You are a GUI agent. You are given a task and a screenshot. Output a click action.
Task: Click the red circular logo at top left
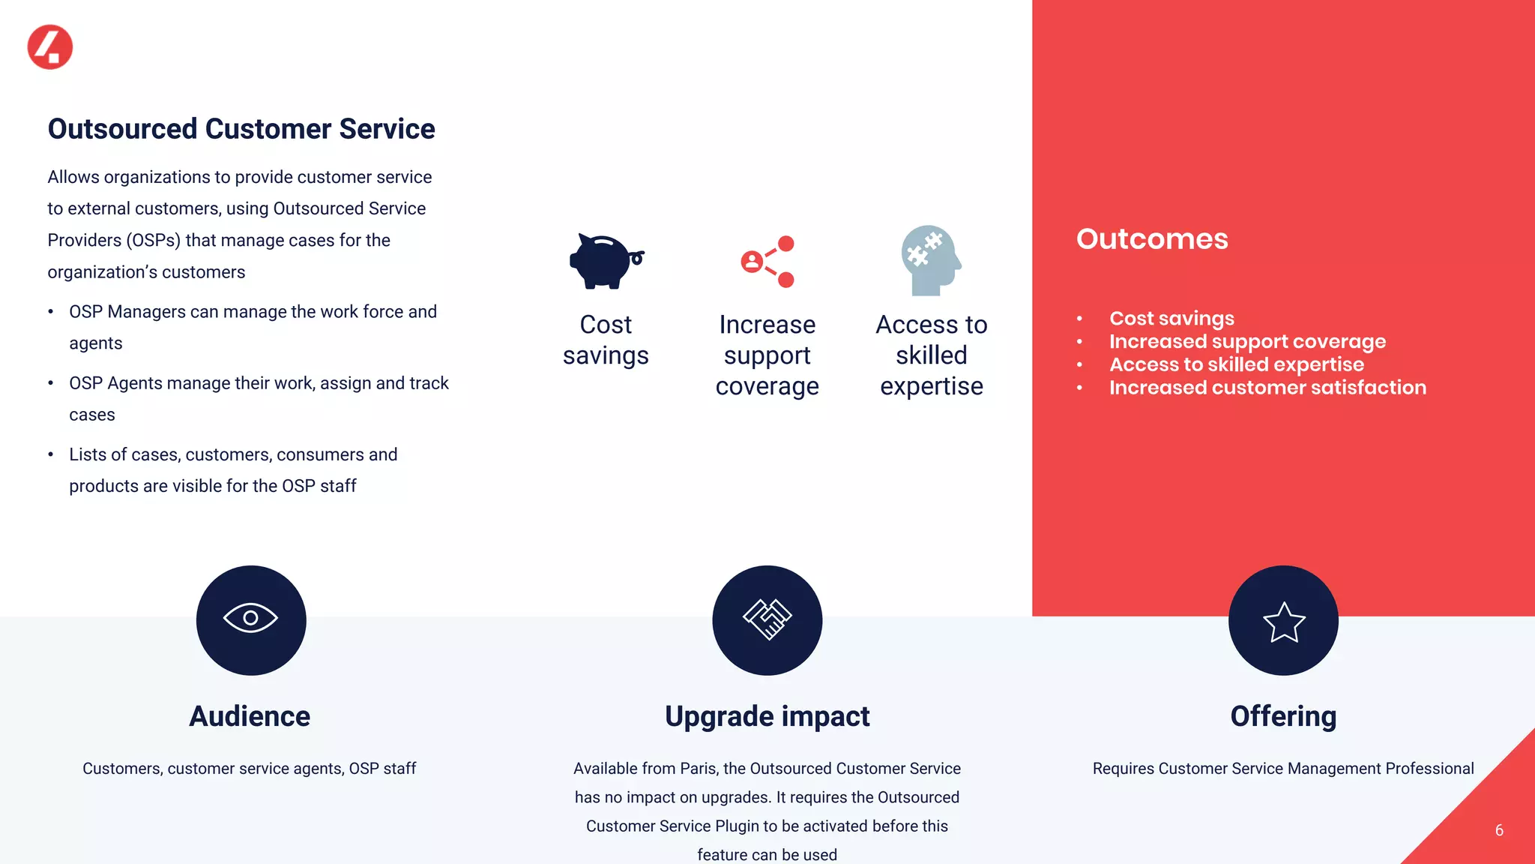coord(49,46)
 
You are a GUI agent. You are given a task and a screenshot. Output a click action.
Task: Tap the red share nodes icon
coord(767,261)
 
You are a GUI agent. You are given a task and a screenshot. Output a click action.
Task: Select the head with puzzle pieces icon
coord(930,259)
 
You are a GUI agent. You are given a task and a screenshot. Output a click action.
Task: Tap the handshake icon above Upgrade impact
coord(767,619)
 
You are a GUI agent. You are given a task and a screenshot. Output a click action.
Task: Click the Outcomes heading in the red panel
coord(1152,239)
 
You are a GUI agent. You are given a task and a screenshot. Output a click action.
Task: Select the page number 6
coord(1498,830)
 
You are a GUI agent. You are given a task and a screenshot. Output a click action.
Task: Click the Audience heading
coord(250,716)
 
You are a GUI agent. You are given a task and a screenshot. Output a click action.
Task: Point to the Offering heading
coord(1283,716)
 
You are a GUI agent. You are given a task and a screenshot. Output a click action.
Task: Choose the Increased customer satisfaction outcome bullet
coord(1267,388)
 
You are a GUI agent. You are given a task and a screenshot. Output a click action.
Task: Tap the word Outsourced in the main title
coord(122,129)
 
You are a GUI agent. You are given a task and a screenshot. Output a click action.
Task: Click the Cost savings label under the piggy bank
coord(606,340)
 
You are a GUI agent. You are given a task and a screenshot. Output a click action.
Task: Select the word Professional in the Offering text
coord(1429,769)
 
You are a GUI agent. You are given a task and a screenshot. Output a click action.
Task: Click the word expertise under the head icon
coord(931,386)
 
